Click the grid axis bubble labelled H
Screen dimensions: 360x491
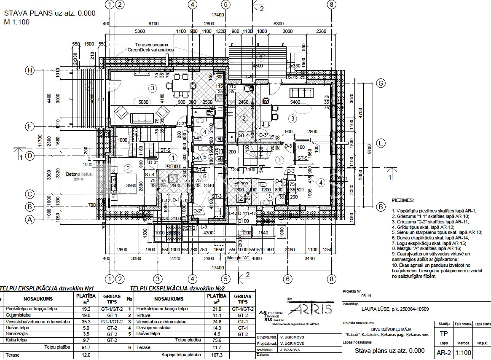coord(30,70)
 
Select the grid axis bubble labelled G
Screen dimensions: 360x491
coord(381,83)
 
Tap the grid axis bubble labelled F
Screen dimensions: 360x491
coord(30,126)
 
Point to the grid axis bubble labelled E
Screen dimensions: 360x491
coord(381,143)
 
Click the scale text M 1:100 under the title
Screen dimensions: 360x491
coord(17,23)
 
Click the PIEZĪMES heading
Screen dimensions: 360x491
coord(402,201)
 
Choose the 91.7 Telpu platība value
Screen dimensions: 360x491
coord(87,347)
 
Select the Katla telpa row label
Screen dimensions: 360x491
coord(16,339)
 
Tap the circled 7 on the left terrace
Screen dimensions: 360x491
coord(89,86)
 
